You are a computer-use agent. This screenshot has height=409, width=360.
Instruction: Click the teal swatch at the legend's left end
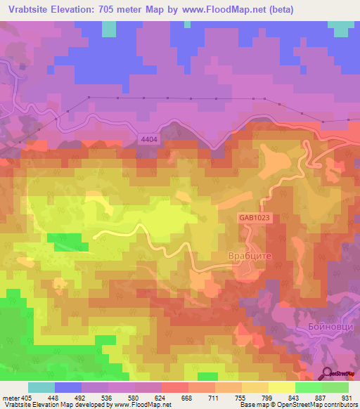[41, 387]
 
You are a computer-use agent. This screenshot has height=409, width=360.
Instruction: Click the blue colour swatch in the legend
[68, 387]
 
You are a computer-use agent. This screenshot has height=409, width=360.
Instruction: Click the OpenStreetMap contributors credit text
[316, 405]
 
